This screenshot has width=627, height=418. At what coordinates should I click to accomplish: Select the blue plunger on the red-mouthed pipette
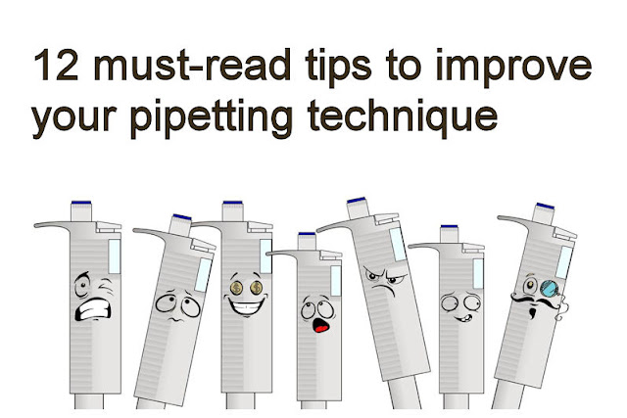point(307,235)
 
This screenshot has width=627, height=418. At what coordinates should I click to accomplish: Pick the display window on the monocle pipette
point(565,261)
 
